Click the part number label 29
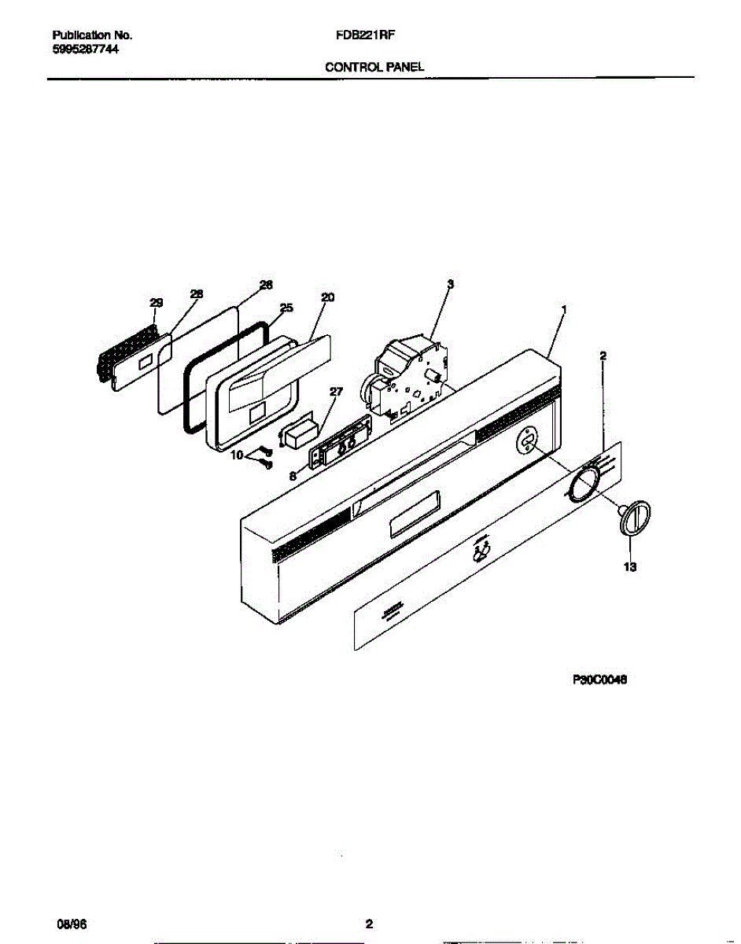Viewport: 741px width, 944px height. click(156, 303)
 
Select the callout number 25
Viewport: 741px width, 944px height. click(286, 308)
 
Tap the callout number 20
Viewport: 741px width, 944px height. click(328, 297)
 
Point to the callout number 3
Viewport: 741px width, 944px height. click(450, 283)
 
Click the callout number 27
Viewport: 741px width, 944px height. click(337, 391)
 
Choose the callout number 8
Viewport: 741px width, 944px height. click(293, 475)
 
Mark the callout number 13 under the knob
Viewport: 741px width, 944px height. click(629, 566)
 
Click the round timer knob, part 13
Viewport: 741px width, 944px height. click(635, 518)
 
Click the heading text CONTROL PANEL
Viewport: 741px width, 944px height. click(374, 68)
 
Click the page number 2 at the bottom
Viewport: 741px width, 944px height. click(368, 924)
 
